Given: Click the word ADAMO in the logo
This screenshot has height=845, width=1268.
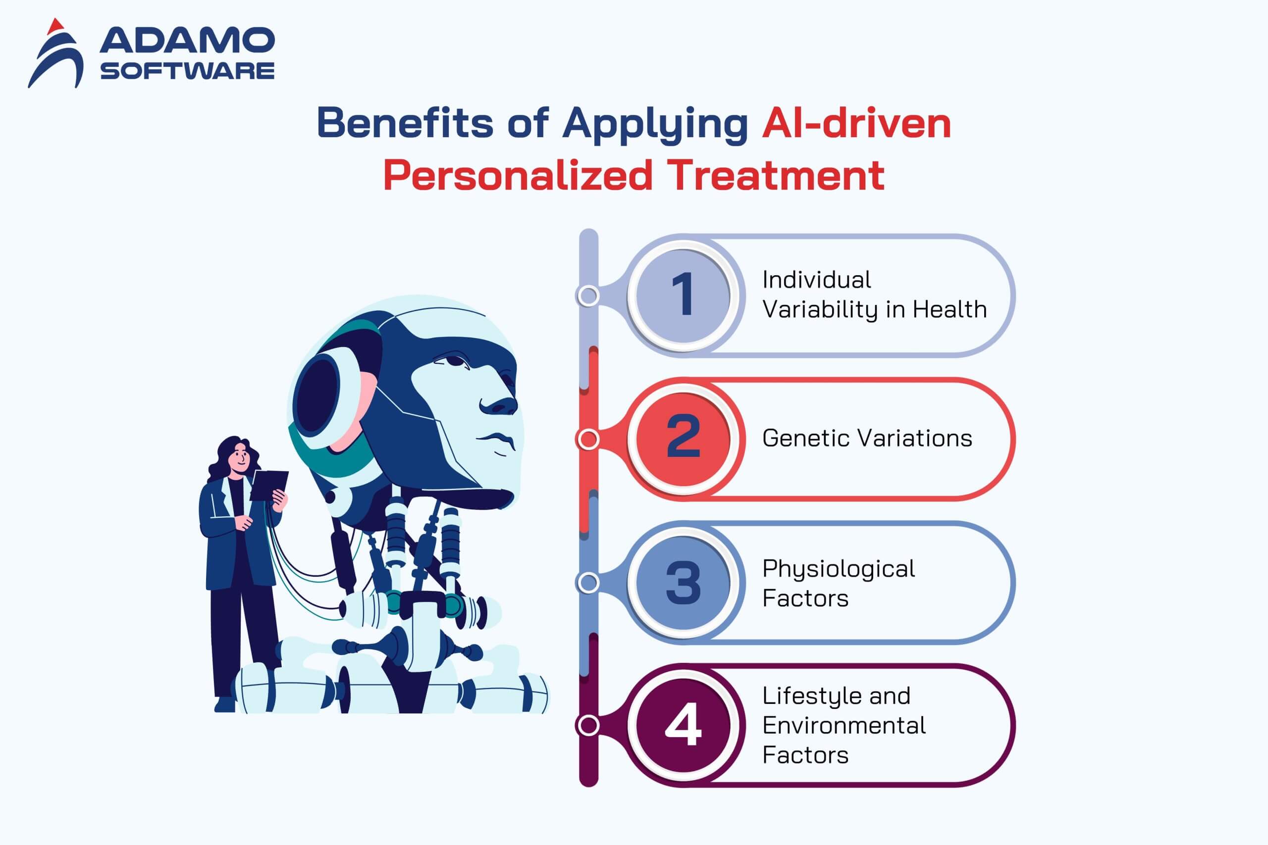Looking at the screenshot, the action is coord(187,41).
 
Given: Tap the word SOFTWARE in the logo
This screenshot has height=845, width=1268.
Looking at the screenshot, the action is coord(187,71).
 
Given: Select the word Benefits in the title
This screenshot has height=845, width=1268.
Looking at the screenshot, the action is coord(405,122).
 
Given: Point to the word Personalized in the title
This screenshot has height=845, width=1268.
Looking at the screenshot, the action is coord(518,175).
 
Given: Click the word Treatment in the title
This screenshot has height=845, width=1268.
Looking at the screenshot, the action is coord(775,175).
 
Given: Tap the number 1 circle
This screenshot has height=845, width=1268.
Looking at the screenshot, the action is coord(683,296).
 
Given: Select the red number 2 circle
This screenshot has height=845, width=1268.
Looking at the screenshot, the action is coord(683,439).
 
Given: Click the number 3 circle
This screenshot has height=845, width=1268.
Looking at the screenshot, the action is coord(683,583).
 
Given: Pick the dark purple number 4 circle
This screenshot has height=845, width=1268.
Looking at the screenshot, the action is coord(683,725).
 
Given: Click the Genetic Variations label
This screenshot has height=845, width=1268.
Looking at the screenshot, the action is coord(867,438).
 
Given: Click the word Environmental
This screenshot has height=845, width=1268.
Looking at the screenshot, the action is coord(844,725).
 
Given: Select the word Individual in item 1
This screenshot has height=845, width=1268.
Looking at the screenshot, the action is coord(816,280).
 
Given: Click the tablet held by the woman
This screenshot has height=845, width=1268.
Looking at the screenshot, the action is coord(269,485).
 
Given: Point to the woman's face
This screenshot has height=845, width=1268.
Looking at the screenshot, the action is coord(239,460).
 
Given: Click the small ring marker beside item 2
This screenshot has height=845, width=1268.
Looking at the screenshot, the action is coord(588,439).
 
